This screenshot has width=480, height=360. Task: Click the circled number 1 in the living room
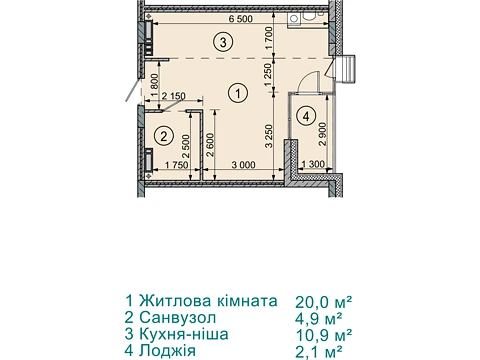[238, 93]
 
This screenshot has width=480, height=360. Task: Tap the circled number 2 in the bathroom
[164, 136]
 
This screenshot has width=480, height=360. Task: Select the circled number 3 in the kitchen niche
[223, 42]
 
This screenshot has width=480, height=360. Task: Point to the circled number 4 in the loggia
[306, 116]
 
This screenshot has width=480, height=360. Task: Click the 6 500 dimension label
[241, 19]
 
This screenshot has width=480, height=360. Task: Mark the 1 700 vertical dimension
[269, 38]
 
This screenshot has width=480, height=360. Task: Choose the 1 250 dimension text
[269, 74]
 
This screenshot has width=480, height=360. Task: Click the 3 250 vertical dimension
[269, 136]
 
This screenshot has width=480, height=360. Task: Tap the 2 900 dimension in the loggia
[323, 134]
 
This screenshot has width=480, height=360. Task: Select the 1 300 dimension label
[313, 164]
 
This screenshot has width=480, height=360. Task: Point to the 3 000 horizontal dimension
[244, 164]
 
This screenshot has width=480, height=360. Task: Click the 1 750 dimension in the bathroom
[177, 165]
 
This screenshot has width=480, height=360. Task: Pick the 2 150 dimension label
[173, 96]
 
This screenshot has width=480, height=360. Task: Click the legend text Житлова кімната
[208, 301]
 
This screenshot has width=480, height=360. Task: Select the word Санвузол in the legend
[178, 317]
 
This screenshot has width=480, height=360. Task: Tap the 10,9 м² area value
[324, 334]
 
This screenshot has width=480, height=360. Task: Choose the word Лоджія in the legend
[167, 351]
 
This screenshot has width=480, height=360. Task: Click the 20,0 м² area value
[324, 302]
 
